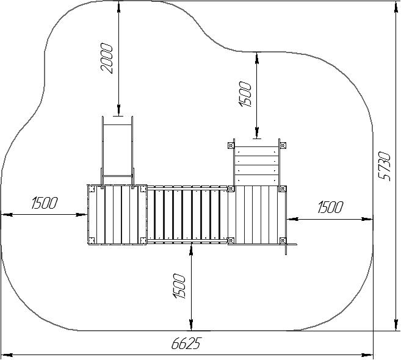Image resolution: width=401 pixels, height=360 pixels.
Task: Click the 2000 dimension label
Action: pyautogui.click(x=106, y=59)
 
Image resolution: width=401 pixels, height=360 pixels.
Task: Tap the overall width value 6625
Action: pyautogui.click(x=187, y=343)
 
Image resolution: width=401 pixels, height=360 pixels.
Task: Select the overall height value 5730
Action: pyautogui.click(x=385, y=167)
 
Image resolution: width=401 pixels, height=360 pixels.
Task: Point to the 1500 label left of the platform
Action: pyautogui.click(x=45, y=203)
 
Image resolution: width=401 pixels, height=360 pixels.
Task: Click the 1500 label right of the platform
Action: pyautogui.click(x=330, y=207)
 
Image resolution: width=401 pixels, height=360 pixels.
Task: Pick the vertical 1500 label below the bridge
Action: pyautogui.click(x=179, y=286)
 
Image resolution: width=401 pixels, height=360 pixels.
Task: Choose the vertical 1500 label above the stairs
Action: pyautogui.click(x=245, y=94)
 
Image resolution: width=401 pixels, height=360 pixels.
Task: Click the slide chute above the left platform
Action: pyautogui.click(x=118, y=151)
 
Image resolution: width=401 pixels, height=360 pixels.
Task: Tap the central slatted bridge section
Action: pyautogui.click(x=187, y=215)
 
